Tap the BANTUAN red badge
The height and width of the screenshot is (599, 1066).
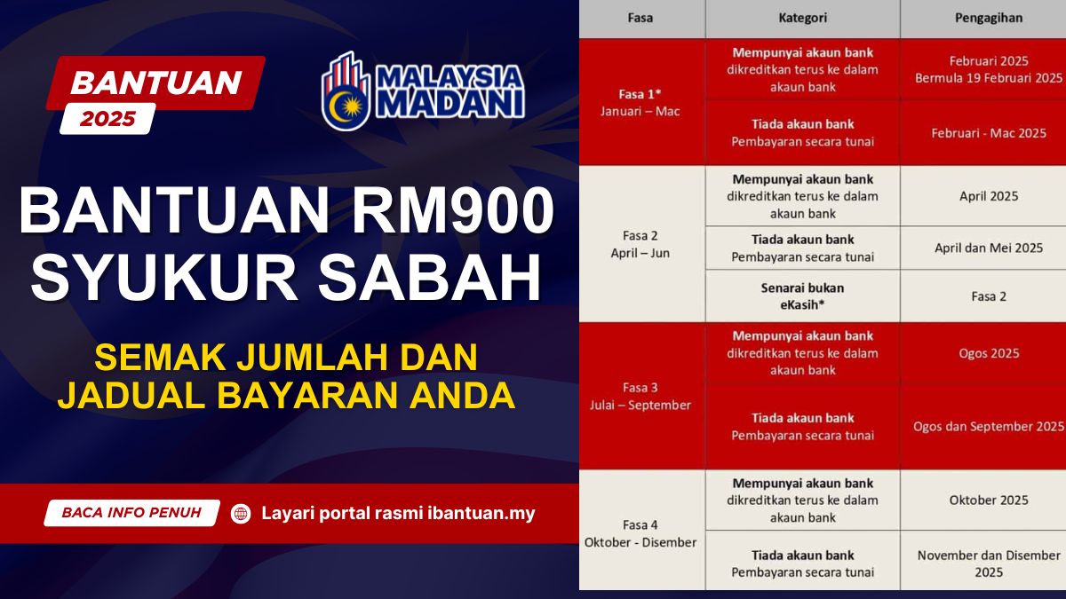[x=155, y=83]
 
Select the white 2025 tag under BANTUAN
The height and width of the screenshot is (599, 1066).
[x=107, y=119]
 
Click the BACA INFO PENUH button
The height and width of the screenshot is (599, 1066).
[x=131, y=513]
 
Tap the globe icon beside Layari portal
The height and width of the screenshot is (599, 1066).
[x=241, y=513]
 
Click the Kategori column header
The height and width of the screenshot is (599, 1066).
[x=802, y=17]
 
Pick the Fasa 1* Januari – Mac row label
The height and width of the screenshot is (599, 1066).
[x=640, y=102]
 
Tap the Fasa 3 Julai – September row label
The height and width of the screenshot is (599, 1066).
[x=640, y=396]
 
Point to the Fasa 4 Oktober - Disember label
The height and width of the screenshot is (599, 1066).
[x=640, y=533]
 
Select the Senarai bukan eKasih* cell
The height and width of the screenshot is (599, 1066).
[x=802, y=296]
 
